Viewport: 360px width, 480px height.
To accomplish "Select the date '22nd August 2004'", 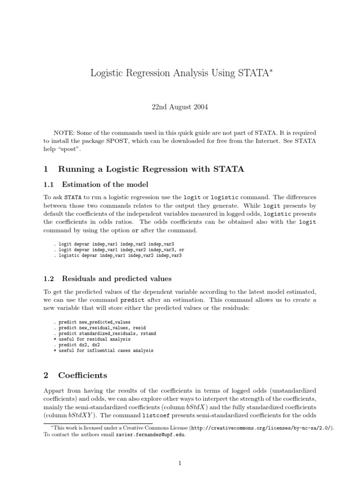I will point(180,107).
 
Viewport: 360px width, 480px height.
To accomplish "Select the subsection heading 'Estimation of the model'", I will point(105,184).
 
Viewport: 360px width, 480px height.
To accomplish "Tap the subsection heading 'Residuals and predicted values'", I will point(116,278).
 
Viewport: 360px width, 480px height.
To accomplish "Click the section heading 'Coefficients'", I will point(82,375).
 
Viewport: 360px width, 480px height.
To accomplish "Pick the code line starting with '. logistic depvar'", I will point(118,255).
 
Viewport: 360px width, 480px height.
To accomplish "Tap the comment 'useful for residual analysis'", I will point(92,339).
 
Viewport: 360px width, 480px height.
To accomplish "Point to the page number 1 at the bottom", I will point(180,464).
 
